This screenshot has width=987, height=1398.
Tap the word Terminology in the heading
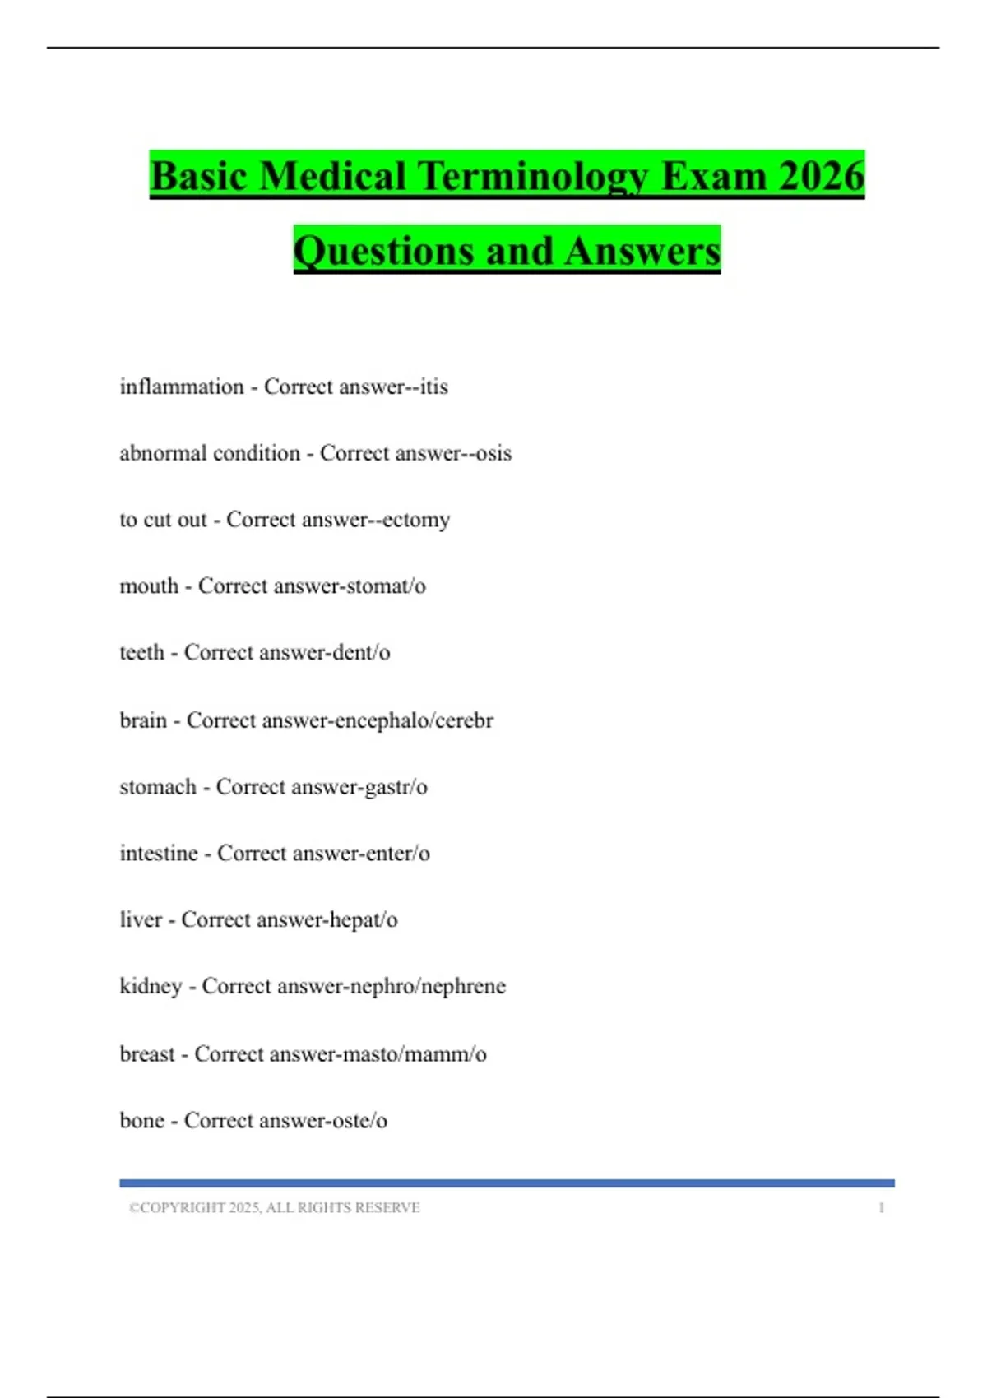coord(533,178)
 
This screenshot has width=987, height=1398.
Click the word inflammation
coord(182,387)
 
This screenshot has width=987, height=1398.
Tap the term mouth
coord(149,586)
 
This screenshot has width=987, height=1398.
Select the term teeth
coord(142,653)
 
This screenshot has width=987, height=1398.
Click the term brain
coord(143,720)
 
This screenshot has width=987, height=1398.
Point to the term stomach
coord(158,787)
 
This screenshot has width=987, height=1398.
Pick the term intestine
coord(159,854)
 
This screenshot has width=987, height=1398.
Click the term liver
coord(141,919)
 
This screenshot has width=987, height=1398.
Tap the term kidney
coord(151,986)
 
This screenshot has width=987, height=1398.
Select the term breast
coord(147,1054)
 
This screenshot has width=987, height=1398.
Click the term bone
coord(142,1121)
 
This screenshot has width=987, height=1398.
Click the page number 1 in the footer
coord(881,1208)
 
